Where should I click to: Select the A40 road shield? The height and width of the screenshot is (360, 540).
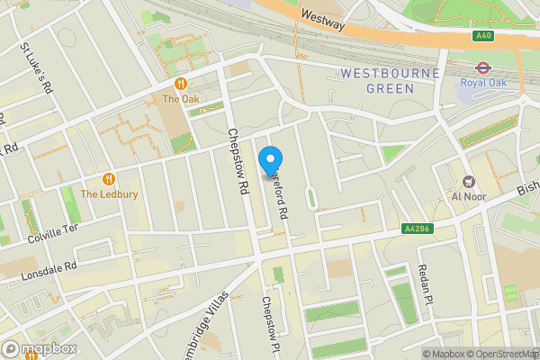pyautogui.click(x=482, y=36)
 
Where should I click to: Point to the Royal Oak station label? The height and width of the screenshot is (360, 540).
pyautogui.click(x=485, y=83)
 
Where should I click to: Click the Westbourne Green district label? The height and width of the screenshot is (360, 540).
pyautogui.click(x=390, y=80)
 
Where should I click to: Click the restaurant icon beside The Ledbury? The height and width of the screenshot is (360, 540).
pyautogui.click(x=109, y=178)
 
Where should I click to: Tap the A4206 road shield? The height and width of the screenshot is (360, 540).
pyautogui.click(x=414, y=229)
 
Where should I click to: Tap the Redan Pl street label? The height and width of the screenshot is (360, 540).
pyautogui.click(x=426, y=284)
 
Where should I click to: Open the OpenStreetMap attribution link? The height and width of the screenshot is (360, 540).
pyautogui.click(x=501, y=354)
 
